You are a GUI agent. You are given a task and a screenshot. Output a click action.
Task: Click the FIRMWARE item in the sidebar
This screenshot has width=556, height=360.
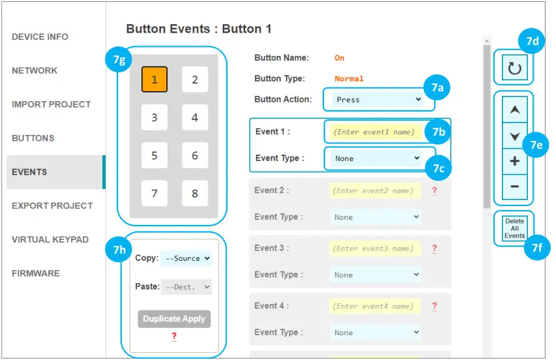[x=36, y=273]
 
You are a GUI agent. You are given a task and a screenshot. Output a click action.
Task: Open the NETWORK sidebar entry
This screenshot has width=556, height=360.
[x=35, y=70]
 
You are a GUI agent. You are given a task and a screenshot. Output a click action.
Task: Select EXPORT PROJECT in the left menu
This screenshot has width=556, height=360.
[x=52, y=205]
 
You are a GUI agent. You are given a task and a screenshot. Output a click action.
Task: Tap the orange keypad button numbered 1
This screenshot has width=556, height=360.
[x=154, y=80]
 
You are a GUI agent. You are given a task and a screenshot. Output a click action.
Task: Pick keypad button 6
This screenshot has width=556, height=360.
[x=195, y=155]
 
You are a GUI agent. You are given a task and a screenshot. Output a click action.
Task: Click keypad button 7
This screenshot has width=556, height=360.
[x=154, y=193]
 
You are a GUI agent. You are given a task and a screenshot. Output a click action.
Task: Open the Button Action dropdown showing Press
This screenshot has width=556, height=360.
[x=377, y=100]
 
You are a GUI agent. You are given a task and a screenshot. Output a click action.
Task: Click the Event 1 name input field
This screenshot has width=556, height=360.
[x=374, y=132]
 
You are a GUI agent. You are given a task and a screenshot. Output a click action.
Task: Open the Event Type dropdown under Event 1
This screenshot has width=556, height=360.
[x=376, y=158]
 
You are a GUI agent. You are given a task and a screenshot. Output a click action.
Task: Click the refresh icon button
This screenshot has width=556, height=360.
[x=514, y=68]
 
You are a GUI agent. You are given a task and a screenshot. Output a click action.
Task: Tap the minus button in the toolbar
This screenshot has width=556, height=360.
[x=514, y=187]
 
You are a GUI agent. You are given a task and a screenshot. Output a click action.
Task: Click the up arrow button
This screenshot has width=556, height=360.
[x=514, y=110]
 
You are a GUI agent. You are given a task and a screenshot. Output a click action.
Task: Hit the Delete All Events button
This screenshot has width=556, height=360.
[x=514, y=228]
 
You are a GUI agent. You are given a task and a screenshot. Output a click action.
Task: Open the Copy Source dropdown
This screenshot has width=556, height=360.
[x=186, y=258]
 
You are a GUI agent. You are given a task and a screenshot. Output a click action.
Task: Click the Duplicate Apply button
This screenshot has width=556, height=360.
[x=174, y=319]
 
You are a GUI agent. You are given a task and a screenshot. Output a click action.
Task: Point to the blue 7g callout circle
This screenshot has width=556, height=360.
[x=119, y=59]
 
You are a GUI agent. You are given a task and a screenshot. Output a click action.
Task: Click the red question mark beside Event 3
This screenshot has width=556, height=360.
[x=434, y=248]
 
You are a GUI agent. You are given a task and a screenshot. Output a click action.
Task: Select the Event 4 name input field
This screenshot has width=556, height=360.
[x=374, y=306]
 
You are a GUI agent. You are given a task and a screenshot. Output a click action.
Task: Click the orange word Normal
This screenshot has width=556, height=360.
[x=349, y=79]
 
